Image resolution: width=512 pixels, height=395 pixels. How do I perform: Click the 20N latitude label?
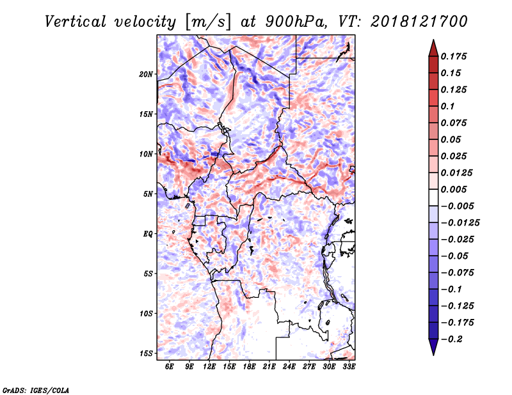146,74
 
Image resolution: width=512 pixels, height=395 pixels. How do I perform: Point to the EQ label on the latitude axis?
148,234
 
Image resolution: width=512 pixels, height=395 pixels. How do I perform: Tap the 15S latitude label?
146,353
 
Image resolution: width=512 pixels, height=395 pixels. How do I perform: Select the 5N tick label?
148,194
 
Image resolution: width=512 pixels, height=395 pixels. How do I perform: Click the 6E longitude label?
169,366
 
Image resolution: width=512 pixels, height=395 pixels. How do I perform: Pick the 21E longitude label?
269,366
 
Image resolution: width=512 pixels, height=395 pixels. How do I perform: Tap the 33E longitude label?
349,366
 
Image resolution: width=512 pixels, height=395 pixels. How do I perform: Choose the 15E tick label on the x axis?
229,366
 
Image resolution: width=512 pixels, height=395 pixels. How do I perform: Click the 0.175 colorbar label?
454,56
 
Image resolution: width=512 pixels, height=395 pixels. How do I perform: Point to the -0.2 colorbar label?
452,339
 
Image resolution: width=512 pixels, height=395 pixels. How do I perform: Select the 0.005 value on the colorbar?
454,189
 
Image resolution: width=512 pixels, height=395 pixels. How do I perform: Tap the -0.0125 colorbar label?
460,223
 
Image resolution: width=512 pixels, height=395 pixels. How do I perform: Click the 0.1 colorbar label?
447,106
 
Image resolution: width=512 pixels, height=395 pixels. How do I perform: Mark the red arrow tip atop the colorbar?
433,40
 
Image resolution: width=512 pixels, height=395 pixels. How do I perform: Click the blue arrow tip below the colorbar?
433,355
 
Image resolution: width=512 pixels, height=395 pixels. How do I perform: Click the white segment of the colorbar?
433,197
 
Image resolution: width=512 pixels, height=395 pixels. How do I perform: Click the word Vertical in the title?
75,22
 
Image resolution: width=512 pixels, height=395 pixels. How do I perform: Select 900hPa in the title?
296,22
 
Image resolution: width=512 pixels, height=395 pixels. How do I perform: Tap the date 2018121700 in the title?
419,22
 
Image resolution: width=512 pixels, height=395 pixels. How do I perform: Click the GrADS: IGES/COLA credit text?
36,391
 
